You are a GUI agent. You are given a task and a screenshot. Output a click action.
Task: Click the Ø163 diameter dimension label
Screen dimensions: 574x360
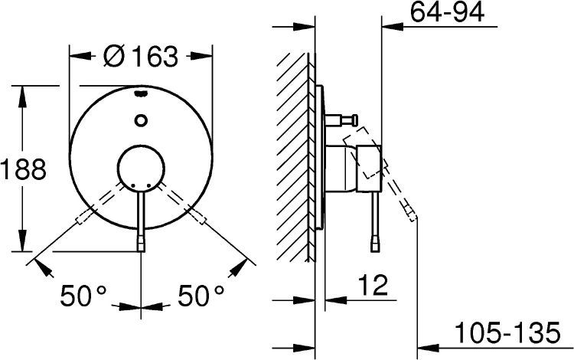141,57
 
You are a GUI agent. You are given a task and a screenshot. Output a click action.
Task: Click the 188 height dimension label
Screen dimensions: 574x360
24,169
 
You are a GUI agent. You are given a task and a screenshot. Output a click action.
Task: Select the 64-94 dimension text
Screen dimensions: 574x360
447,12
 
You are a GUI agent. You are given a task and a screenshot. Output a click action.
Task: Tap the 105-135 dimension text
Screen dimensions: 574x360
507,332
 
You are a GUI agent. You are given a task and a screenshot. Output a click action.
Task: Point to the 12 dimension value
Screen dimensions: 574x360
373,285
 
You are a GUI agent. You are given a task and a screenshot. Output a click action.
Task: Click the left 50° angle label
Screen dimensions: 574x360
83,295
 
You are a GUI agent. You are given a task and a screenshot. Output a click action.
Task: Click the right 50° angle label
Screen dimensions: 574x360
201,295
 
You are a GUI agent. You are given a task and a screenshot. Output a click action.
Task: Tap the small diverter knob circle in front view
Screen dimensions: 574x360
141,120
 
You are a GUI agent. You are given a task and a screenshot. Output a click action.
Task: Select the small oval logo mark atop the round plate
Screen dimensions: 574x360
141,93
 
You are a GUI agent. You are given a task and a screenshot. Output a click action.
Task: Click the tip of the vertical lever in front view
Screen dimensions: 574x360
141,244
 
